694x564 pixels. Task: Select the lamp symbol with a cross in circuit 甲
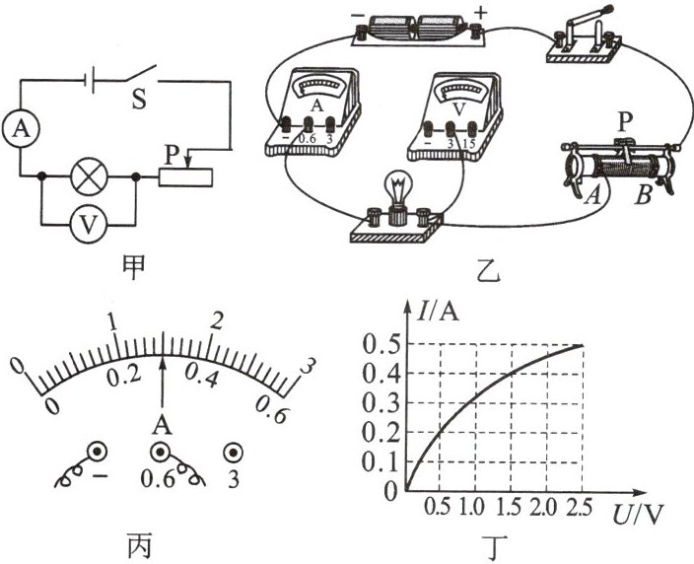click(90, 179)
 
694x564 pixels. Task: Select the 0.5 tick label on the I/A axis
click(379, 345)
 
